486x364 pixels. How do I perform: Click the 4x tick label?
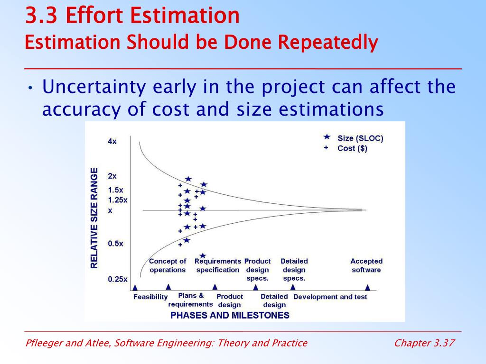click(112, 141)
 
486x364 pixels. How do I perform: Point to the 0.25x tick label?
click(117, 279)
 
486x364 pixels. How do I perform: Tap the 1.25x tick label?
click(118, 200)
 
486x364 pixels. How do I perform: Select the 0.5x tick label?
click(115, 244)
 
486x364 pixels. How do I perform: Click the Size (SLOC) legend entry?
click(360, 138)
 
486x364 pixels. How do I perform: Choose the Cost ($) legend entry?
click(352, 148)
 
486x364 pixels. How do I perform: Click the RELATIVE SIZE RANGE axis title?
click(94, 218)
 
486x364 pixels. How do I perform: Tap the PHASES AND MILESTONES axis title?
click(230, 315)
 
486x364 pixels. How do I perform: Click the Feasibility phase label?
click(150, 297)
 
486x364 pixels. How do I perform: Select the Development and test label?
click(330, 297)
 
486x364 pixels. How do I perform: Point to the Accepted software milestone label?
click(366, 265)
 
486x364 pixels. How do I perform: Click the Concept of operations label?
click(168, 265)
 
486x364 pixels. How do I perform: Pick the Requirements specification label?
click(218, 265)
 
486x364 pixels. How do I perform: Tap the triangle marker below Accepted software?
click(367, 287)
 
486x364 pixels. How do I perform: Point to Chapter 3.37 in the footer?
click(424, 343)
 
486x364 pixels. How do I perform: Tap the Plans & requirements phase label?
click(191, 300)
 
